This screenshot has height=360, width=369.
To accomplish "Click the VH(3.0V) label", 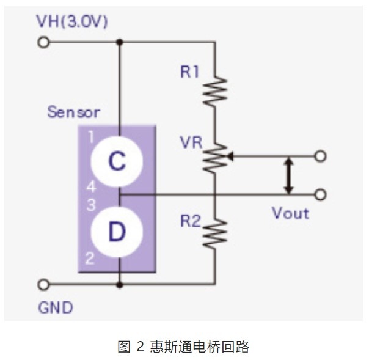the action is tap(72, 21).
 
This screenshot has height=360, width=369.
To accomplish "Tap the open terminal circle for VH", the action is tap(43, 43).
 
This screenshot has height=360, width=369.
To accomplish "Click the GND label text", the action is tap(56, 307).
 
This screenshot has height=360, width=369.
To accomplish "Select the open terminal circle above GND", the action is tap(43, 285).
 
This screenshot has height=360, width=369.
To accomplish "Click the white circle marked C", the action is tap(117, 161).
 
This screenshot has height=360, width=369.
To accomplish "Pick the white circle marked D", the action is tap(117, 232).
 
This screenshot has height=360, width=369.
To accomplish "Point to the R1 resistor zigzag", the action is tap(215, 90).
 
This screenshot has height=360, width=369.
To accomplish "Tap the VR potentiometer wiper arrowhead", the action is tap(230, 156).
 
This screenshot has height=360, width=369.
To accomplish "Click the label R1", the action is tap(189, 72).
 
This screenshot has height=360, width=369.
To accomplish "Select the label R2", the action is tap(191, 221).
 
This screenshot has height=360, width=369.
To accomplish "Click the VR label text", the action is tap(191, 142).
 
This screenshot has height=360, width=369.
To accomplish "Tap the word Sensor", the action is tap(74, 112).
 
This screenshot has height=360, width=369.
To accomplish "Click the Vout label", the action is tap(290, 213).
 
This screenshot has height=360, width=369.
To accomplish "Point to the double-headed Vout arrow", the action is tap(289, 175).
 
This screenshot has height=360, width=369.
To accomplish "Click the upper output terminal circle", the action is tap(320, 156).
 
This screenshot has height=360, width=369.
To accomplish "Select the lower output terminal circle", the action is tap(320, 195).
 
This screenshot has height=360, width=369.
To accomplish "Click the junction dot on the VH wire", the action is tap(120, 42).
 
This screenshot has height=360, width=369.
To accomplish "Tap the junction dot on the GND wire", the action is tap(120, 285).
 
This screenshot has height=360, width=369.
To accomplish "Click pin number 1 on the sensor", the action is tap(91, 136).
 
